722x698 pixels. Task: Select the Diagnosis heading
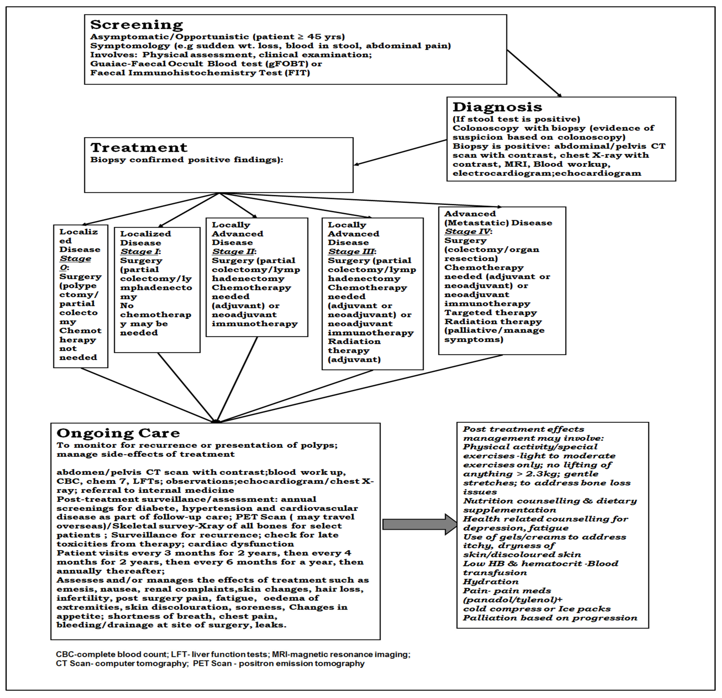(497, 107)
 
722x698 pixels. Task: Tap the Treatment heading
(139, 148)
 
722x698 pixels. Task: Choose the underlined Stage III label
(351, 252)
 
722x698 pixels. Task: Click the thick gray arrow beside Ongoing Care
(419, 524)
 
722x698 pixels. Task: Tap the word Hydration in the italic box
(491, 582)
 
